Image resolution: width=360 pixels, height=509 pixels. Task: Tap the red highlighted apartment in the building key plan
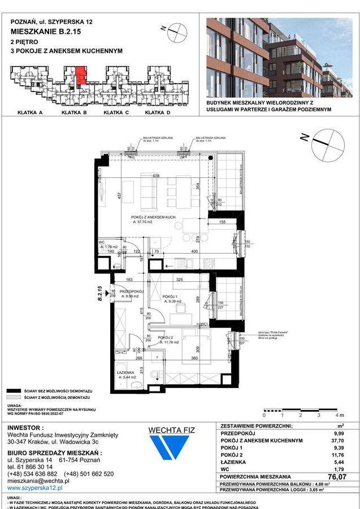tap(81, 75)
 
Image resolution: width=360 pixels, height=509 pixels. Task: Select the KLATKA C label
tap(116, 113)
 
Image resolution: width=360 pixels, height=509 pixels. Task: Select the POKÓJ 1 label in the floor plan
tap(170, 297)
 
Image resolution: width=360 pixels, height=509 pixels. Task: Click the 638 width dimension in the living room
tap(155, 176)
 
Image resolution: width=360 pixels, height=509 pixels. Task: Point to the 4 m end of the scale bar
tap(337, 414)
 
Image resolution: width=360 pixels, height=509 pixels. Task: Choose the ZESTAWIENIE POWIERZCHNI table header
tap(257, 426)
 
